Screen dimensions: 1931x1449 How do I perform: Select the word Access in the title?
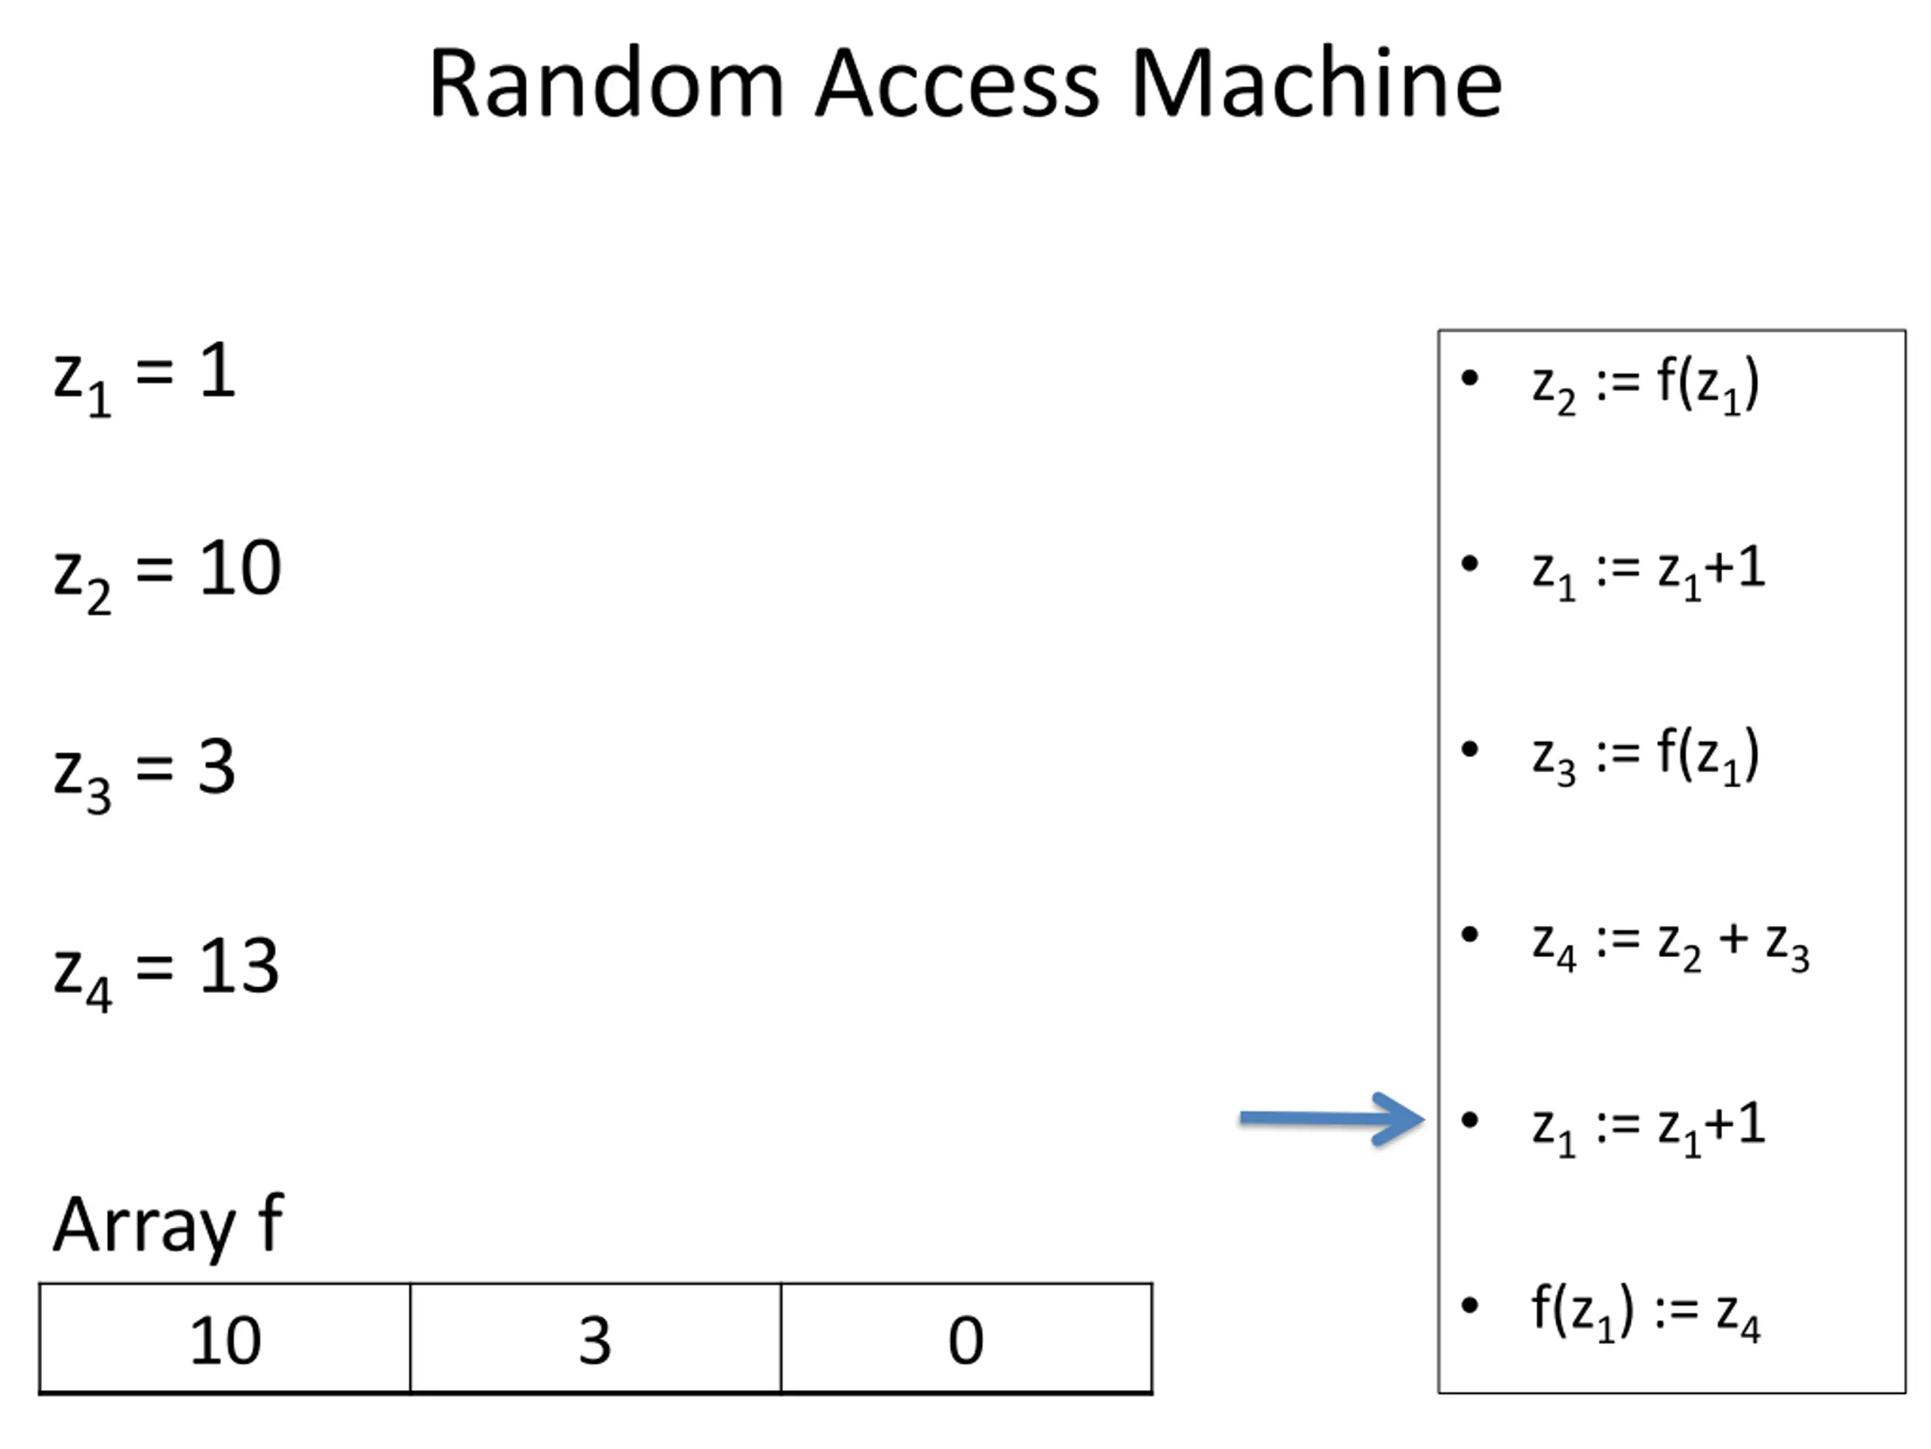958,84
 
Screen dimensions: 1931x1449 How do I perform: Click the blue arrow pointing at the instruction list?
1332,1119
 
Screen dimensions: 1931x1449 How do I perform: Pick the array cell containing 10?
224,1338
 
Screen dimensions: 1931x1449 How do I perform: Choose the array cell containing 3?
595,1338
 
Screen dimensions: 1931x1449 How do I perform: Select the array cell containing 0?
966,1338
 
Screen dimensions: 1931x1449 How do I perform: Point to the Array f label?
168,1226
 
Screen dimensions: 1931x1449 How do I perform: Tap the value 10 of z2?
240,568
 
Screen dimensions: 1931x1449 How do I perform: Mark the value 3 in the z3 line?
216,767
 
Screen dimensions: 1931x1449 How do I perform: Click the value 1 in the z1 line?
217,370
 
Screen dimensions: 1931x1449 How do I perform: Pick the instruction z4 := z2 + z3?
1671,946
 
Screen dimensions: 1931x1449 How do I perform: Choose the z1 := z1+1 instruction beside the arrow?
1649,1128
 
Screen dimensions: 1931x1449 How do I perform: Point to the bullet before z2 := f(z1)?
1470,378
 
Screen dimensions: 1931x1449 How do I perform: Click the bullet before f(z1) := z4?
1470,1306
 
